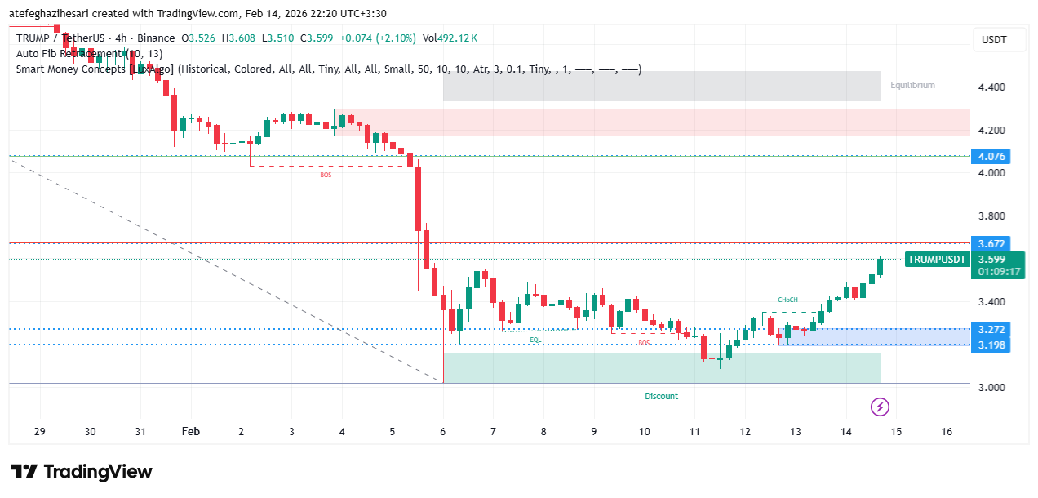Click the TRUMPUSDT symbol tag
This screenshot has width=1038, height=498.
coord(937,260)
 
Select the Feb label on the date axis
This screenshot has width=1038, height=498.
coord(191,432)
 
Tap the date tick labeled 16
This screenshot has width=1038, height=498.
coord(947,432)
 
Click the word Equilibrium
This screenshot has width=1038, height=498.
coord(912,85)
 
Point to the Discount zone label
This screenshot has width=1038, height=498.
coord(661,396)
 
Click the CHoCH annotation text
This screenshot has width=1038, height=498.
coord(787,300)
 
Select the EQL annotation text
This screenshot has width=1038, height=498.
coord(535,339)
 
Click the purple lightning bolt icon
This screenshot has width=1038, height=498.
coord(880,407)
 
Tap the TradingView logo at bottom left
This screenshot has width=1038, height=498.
coord(82,472)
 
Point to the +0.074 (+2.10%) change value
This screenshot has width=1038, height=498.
coord(378,38)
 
